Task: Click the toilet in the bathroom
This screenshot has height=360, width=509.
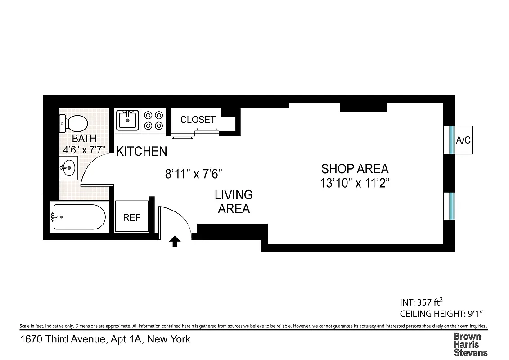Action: click(x=74, y=123)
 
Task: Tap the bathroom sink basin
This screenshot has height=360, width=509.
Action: click(x=68, y=168)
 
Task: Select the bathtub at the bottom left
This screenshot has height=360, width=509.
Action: click(x=79, y=217)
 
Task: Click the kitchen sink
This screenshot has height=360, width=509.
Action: click(x=127, y=121)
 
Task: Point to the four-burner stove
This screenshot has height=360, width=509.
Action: click(x=153, y=121)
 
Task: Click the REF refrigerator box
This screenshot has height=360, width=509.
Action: click(x=132, y=217)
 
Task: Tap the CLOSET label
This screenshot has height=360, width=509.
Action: click(x=198, y=120)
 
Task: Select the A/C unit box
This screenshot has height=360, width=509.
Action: click(x=463, y=140)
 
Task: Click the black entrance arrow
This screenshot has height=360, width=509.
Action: click(x=175, y=243)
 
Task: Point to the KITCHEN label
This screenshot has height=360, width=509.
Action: click(x=141, y=152)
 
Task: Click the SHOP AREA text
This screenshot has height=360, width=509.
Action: click(x=355, y=169)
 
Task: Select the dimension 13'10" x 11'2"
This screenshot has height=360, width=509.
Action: click(x=355, y=183)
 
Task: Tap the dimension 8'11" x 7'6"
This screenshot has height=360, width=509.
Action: click(x=194, y=174)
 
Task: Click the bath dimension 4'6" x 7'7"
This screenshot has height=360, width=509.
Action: click(x=84, y=148)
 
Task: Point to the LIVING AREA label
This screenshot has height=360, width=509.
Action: click(x=234, y=202)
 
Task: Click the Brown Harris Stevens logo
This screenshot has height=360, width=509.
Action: click(x=470, y=344)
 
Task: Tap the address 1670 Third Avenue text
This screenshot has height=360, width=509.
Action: click(x=105, y=339)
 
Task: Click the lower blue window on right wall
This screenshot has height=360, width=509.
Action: click(x=451, y=206)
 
